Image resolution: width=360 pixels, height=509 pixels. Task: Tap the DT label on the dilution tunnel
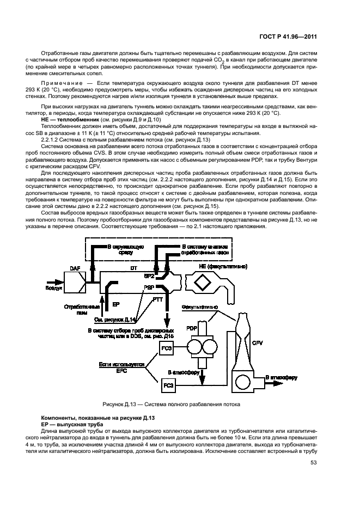pyautogui.click(x=133, y=269)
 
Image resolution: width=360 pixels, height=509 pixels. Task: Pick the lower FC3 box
pyautogui.click(x=168, y=386)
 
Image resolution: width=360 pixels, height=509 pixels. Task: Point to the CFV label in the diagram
pyautogui.click(x=258, y=343)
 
